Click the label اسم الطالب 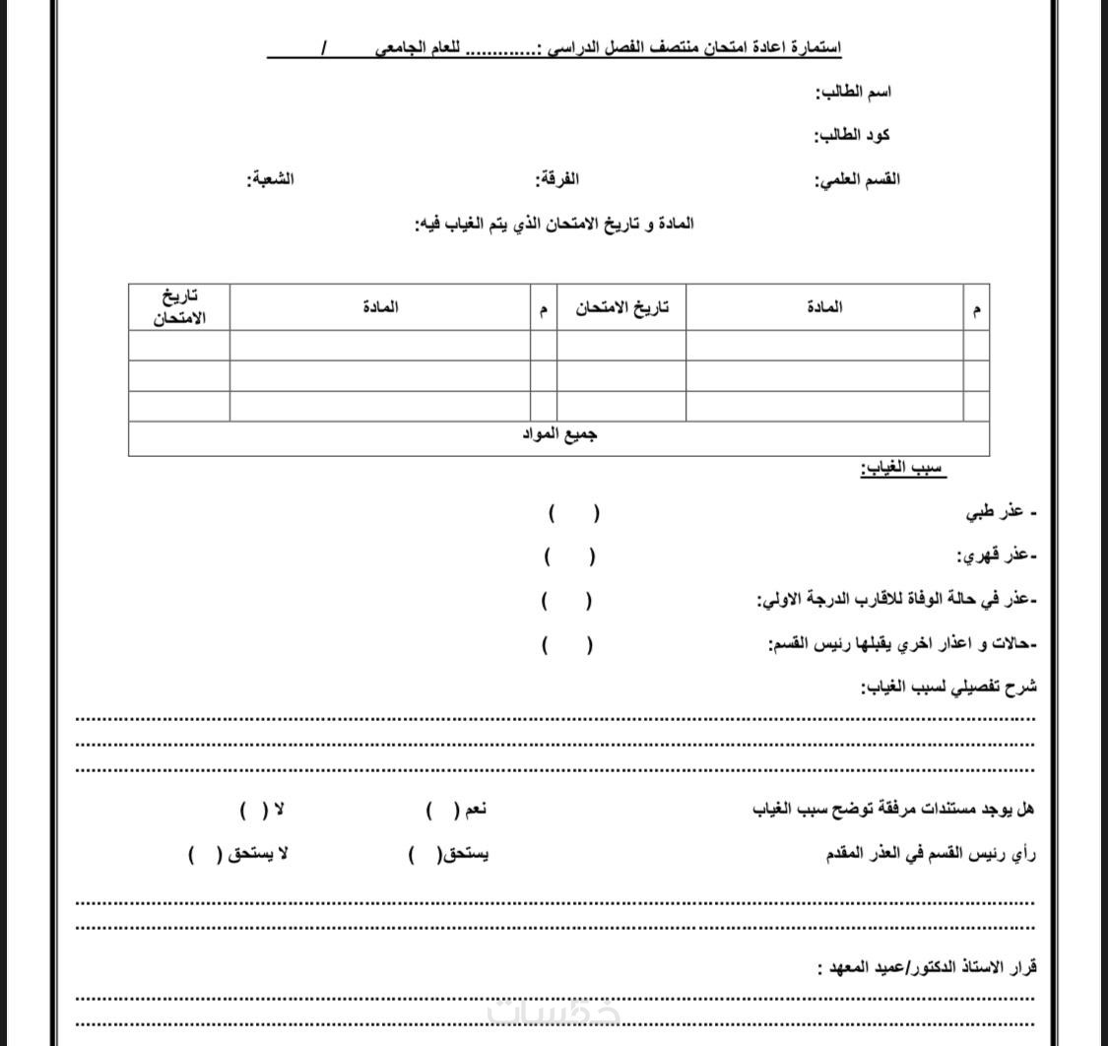(853, 93)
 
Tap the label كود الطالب (852, 136)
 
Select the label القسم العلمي (857, 179)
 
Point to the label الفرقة (556, 179)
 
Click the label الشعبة (270, 179)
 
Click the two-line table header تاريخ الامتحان (179, 307)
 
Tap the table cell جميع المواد (559, 434)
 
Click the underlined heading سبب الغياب (903, 468)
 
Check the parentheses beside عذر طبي (574, 513)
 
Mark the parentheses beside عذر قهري (569, 556)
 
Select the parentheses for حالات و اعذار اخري (566, 645)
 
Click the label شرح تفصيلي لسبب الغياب (948, 686)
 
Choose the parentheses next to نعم (443, 811)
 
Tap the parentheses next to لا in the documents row (253, 811)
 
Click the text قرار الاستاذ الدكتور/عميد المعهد (927, 967)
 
